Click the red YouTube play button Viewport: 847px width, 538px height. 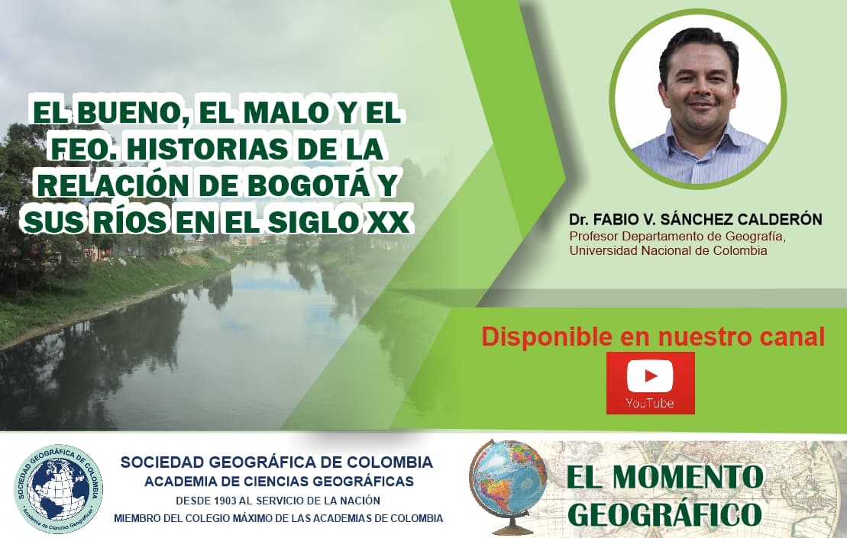click(650, 376)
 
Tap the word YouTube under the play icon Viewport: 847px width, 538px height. click(650, 403)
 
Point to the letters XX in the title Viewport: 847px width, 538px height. click(390, 221)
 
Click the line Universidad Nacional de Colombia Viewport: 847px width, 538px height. click(668, 250)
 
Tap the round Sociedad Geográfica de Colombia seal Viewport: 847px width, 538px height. click(60, 488)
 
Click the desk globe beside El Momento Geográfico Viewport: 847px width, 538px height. click(508, 485)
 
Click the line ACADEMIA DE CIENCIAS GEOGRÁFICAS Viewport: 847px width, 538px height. click(279, 481)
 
